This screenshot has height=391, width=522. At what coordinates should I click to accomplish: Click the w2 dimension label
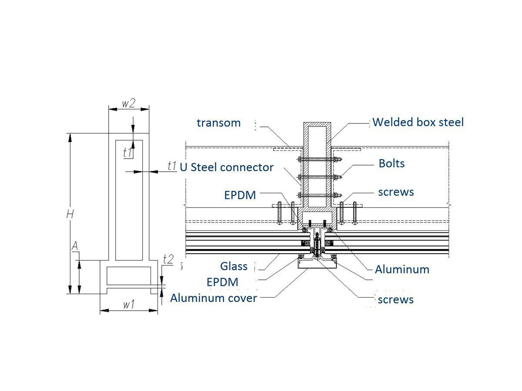(x=128, y=103)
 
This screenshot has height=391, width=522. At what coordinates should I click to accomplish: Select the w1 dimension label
(x=128, y=305)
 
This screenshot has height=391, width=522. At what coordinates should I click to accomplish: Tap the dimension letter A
(x=75, y=247)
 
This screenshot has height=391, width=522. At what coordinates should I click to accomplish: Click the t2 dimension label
(x=168, y=259)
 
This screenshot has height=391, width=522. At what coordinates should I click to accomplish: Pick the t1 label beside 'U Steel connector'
(x=172, y=166)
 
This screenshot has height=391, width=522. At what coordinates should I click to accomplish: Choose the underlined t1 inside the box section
(x=128, y=153)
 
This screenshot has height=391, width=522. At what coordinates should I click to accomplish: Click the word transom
(x=218, y=123)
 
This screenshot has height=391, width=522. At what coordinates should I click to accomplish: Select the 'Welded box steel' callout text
(x=418, y=122)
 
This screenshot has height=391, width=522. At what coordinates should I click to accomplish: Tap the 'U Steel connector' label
(x=227, y=167)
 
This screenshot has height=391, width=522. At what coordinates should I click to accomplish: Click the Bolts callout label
(x=391, y=163)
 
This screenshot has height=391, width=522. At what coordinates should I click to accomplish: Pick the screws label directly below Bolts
(x=396, y=192)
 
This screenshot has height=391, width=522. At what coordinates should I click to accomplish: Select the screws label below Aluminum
(x=395, y=299)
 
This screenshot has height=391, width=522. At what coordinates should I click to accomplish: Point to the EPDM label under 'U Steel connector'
(x=240, y=195)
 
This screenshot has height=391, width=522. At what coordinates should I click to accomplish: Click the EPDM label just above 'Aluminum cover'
(x=222, y=282)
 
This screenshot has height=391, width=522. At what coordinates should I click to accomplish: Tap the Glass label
(x=234, y=266)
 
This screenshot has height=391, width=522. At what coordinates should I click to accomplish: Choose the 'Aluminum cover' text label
(x=213, y=298)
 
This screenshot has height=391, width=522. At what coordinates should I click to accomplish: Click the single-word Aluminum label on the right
(x=402, y=269)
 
